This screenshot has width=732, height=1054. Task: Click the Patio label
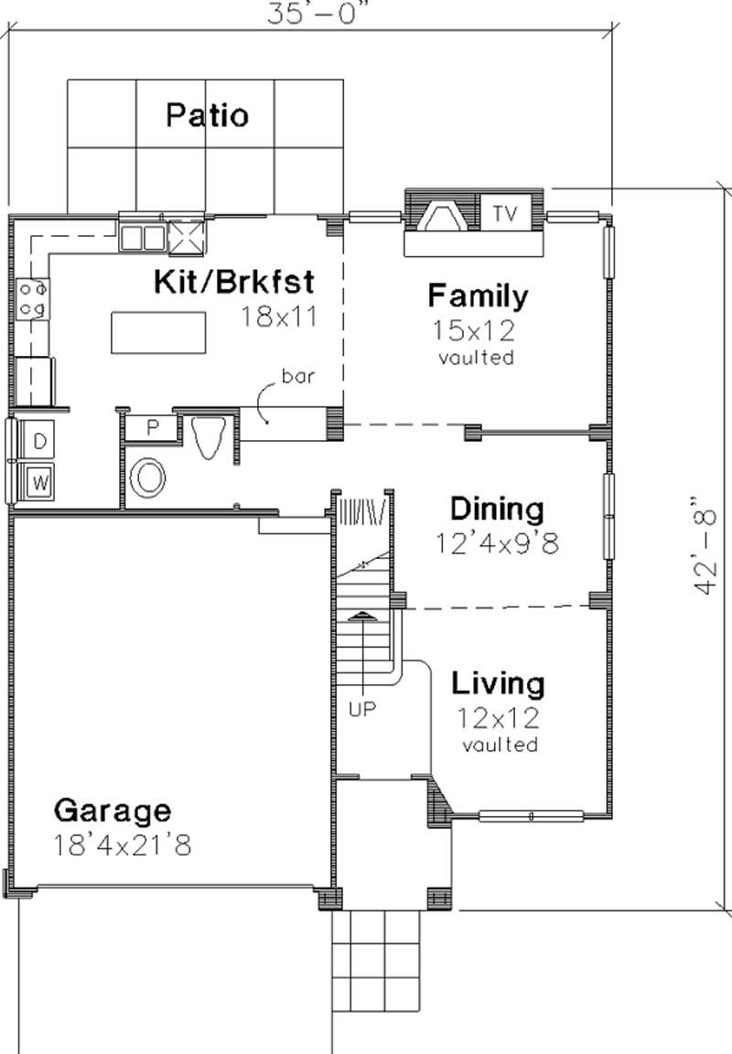(x=207, y=116)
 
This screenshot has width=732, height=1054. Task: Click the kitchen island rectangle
(x=158, y=331)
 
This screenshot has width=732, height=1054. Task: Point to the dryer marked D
(x=38, y=441)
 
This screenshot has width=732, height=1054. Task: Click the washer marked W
(x=38, y=480)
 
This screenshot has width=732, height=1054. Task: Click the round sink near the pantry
(x=147, y=478)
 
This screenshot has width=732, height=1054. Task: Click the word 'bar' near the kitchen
(x=296, y=375)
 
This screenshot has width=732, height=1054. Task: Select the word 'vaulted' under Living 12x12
(x=500, y=745)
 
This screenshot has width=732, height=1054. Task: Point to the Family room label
(x=478, y=296)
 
